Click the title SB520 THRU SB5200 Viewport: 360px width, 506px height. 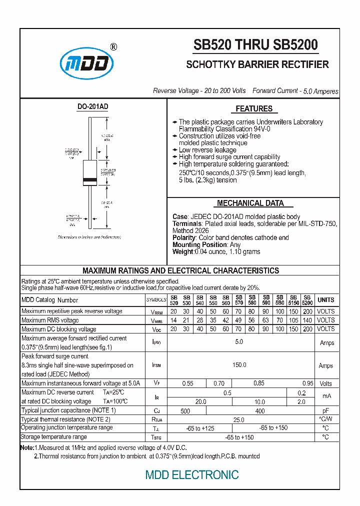(x=255, y=45)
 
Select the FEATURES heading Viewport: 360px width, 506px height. (x=254, y=108)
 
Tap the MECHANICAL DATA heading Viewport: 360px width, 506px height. (x=250, y=203)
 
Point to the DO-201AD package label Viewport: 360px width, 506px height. (x=92, y=107)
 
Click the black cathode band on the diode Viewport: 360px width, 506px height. (x=89, y=179)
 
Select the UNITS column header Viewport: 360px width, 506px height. (x=326, y=300)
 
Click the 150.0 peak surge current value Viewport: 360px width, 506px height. (x=239, y=365)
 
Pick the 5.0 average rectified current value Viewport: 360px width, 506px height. (x=239, y=342)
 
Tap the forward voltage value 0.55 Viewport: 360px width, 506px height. (x=187, y=383)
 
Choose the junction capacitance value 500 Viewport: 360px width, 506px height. (x=185, y=410)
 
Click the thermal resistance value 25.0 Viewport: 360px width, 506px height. (x=239, y=419)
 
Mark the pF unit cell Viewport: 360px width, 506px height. (x=326, y=410)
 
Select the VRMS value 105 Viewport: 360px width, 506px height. (x=293, y=320)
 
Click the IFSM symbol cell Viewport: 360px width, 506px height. (x=156, y=365)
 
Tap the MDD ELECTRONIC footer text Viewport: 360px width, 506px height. (x=192, y=474)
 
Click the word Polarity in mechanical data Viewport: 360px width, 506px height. (x=184, y=238)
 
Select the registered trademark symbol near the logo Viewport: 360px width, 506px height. (x=113, y=47)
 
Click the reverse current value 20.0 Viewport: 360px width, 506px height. (x=200, y=401)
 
